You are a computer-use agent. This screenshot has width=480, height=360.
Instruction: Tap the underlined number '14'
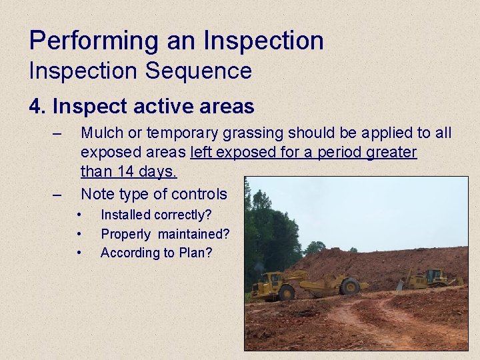(125, 171)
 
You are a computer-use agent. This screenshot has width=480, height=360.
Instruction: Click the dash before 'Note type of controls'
(58, 195)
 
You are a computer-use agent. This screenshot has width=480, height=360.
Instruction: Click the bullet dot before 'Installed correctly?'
(79, 215)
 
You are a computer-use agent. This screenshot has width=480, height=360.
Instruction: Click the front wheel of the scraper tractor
(287, 292)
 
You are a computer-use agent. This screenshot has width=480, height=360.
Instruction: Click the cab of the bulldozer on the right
(434, 276)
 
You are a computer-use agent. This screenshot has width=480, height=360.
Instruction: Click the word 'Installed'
(126, 215)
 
